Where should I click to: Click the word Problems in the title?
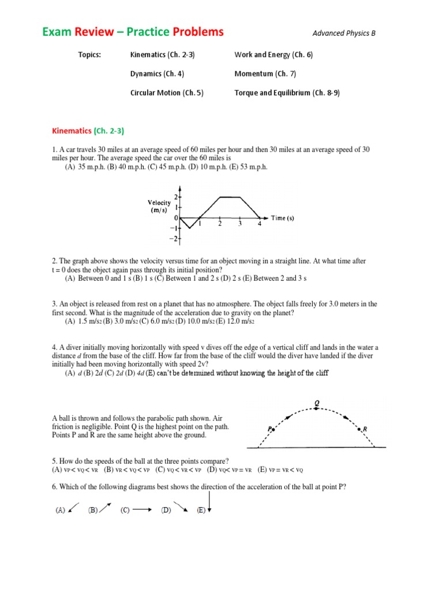pos(195,32)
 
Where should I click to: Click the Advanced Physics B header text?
pos(344,33)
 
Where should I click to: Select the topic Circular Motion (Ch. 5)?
pos(167,93)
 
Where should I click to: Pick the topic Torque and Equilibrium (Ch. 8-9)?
pos(287,93)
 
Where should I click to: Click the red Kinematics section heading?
pos(72,131)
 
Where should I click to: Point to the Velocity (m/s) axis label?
pos(159,206)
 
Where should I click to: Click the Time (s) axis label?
pos(282,218)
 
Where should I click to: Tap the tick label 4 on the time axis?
pos(259,225)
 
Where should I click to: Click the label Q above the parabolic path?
pos(316,403)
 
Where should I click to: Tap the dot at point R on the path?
pos(359,429)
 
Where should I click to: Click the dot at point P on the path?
pos(273,429)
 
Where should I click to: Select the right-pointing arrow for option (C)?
pos(143,510)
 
